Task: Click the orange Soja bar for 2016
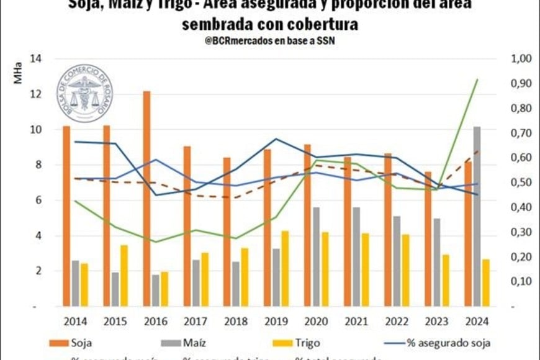[146, 199]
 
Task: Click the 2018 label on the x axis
[236, 322]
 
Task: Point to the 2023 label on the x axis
[436, 322]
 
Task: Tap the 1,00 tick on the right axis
[521, 59]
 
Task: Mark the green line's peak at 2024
[477, 79]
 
